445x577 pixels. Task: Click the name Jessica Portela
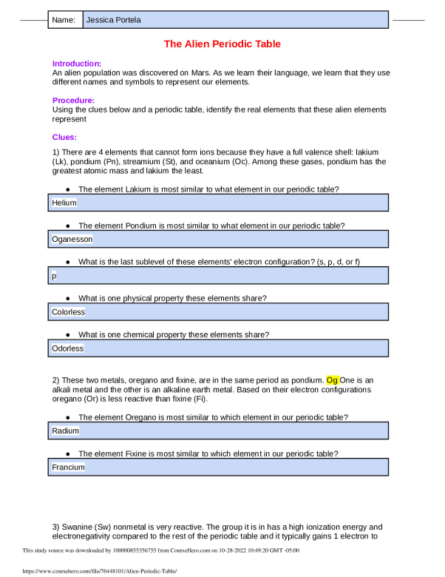click(113, 20)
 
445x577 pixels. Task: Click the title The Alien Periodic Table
click(222, 44)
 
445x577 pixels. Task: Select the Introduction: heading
click(77, 64)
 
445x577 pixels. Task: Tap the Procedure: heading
click(73, 101)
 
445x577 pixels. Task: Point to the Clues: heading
click(65, 137)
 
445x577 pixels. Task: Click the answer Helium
click(64, 202)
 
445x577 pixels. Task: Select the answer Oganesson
click(72, 239)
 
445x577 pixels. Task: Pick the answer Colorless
click(69, 311)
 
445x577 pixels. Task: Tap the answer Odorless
click(68, 348)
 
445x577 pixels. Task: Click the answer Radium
click(66, 430)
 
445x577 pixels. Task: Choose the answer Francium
click(69, 467)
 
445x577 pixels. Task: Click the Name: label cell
click(64, 20)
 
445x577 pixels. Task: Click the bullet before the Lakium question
click(68, 189)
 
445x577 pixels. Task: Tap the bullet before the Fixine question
click(68, 453)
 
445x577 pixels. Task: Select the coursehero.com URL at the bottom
click(93, 572)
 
